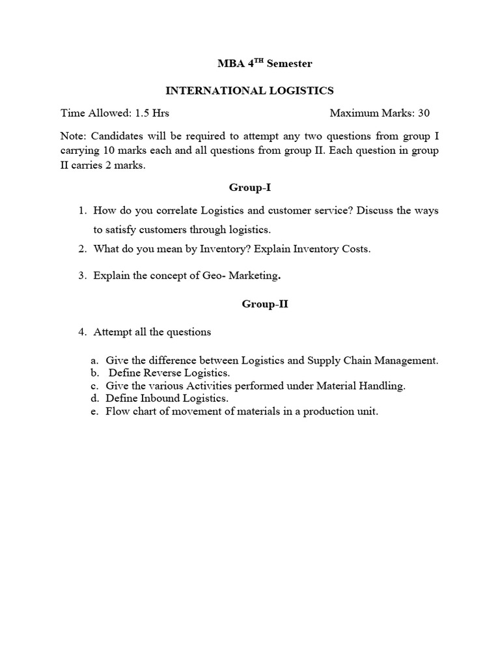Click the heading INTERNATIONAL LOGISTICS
(x=251, y=91)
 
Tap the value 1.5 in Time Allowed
(x=143, y=113)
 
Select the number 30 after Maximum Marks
(x=424, y=113)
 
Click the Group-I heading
(x=250, y=188)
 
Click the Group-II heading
(x=265, y=304)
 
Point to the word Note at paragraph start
(x=73, y=136)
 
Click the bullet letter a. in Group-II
(x=95, y=360)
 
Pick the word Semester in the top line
(x=293, y=64)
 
